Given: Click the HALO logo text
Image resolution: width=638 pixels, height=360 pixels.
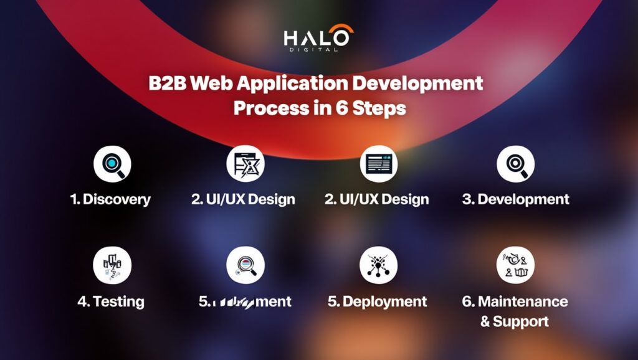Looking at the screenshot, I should pyautogui.click(x=318, y=37).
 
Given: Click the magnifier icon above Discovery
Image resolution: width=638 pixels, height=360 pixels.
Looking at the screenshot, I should pyautogui.click(x=112, y=164).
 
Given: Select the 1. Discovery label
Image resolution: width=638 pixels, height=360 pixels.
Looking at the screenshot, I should pyautogui.click(x=110, y=199).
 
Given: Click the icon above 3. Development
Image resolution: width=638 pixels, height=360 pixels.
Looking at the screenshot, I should pyautogui.click(x=515, y=164).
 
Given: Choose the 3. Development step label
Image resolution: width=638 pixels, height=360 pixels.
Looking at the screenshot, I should pyautogui.click(x=515, y=199).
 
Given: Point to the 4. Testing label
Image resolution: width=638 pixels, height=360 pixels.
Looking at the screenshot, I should pyautogui.click(x=110, y=302).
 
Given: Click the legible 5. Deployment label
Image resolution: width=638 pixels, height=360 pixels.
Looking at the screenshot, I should pyautogui.click(x=378, y=302).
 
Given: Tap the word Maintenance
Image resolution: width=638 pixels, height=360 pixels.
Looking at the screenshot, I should pyautogui.click(x=523, y=302).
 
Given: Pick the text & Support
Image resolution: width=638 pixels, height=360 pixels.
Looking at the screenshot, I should pyautogui.click(x=515, y=322).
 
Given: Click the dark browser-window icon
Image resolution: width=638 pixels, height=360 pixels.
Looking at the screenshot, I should pyautogui.click(x=378, y=164).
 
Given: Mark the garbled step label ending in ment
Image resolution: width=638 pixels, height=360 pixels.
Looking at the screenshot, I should pyautogui.click(x=245, y=302).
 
